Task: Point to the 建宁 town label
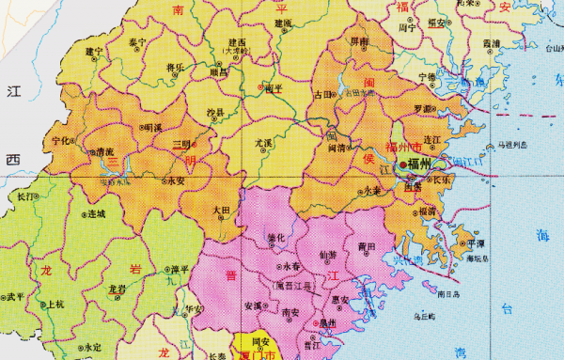(94, 51)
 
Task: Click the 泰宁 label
(138, 42)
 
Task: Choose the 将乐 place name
(175, 66)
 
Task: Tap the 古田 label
(323, 93)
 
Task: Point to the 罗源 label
(424, 109)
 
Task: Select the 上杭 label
(55, 303)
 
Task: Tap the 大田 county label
(221, 211)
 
